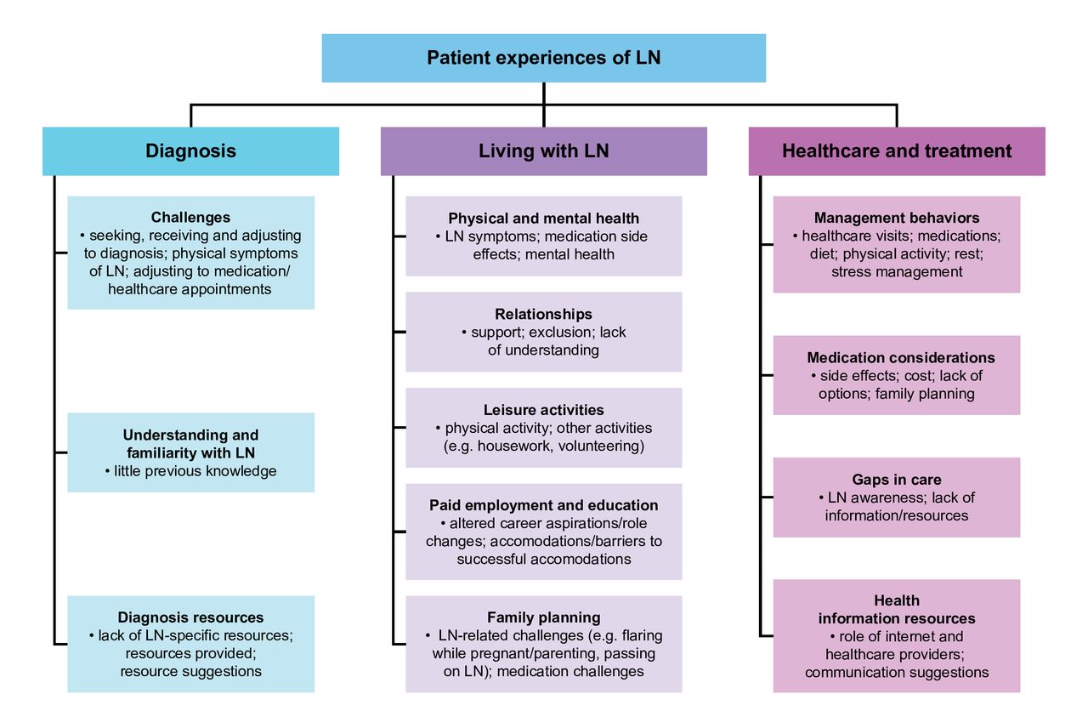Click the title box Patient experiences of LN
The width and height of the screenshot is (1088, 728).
[543, 58]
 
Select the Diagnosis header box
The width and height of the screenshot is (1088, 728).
[190, 151]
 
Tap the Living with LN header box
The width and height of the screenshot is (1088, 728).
[543, 151]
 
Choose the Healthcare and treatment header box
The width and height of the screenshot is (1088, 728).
[897, 151]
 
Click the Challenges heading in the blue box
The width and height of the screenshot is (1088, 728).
[190, 218]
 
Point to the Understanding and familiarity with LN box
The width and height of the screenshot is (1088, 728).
[190, 452]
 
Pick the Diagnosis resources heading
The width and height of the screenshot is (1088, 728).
[190, 617]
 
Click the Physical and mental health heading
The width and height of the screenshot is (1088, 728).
[543, 219]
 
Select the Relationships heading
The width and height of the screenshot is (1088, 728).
[543, 315]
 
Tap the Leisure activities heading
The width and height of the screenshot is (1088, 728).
[543, 410]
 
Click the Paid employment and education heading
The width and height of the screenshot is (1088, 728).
[543, 505]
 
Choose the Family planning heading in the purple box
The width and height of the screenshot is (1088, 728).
[543, 617]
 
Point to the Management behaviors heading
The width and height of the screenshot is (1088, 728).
[897, 218]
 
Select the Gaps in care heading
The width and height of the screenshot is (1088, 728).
[897, 480]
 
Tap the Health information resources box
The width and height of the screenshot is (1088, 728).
[897, 636]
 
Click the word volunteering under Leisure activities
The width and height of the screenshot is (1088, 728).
[601, 446]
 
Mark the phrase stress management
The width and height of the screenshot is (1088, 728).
[897, 271]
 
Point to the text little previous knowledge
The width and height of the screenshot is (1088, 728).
[195, 470]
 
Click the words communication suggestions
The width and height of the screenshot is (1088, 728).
[897, 672]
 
